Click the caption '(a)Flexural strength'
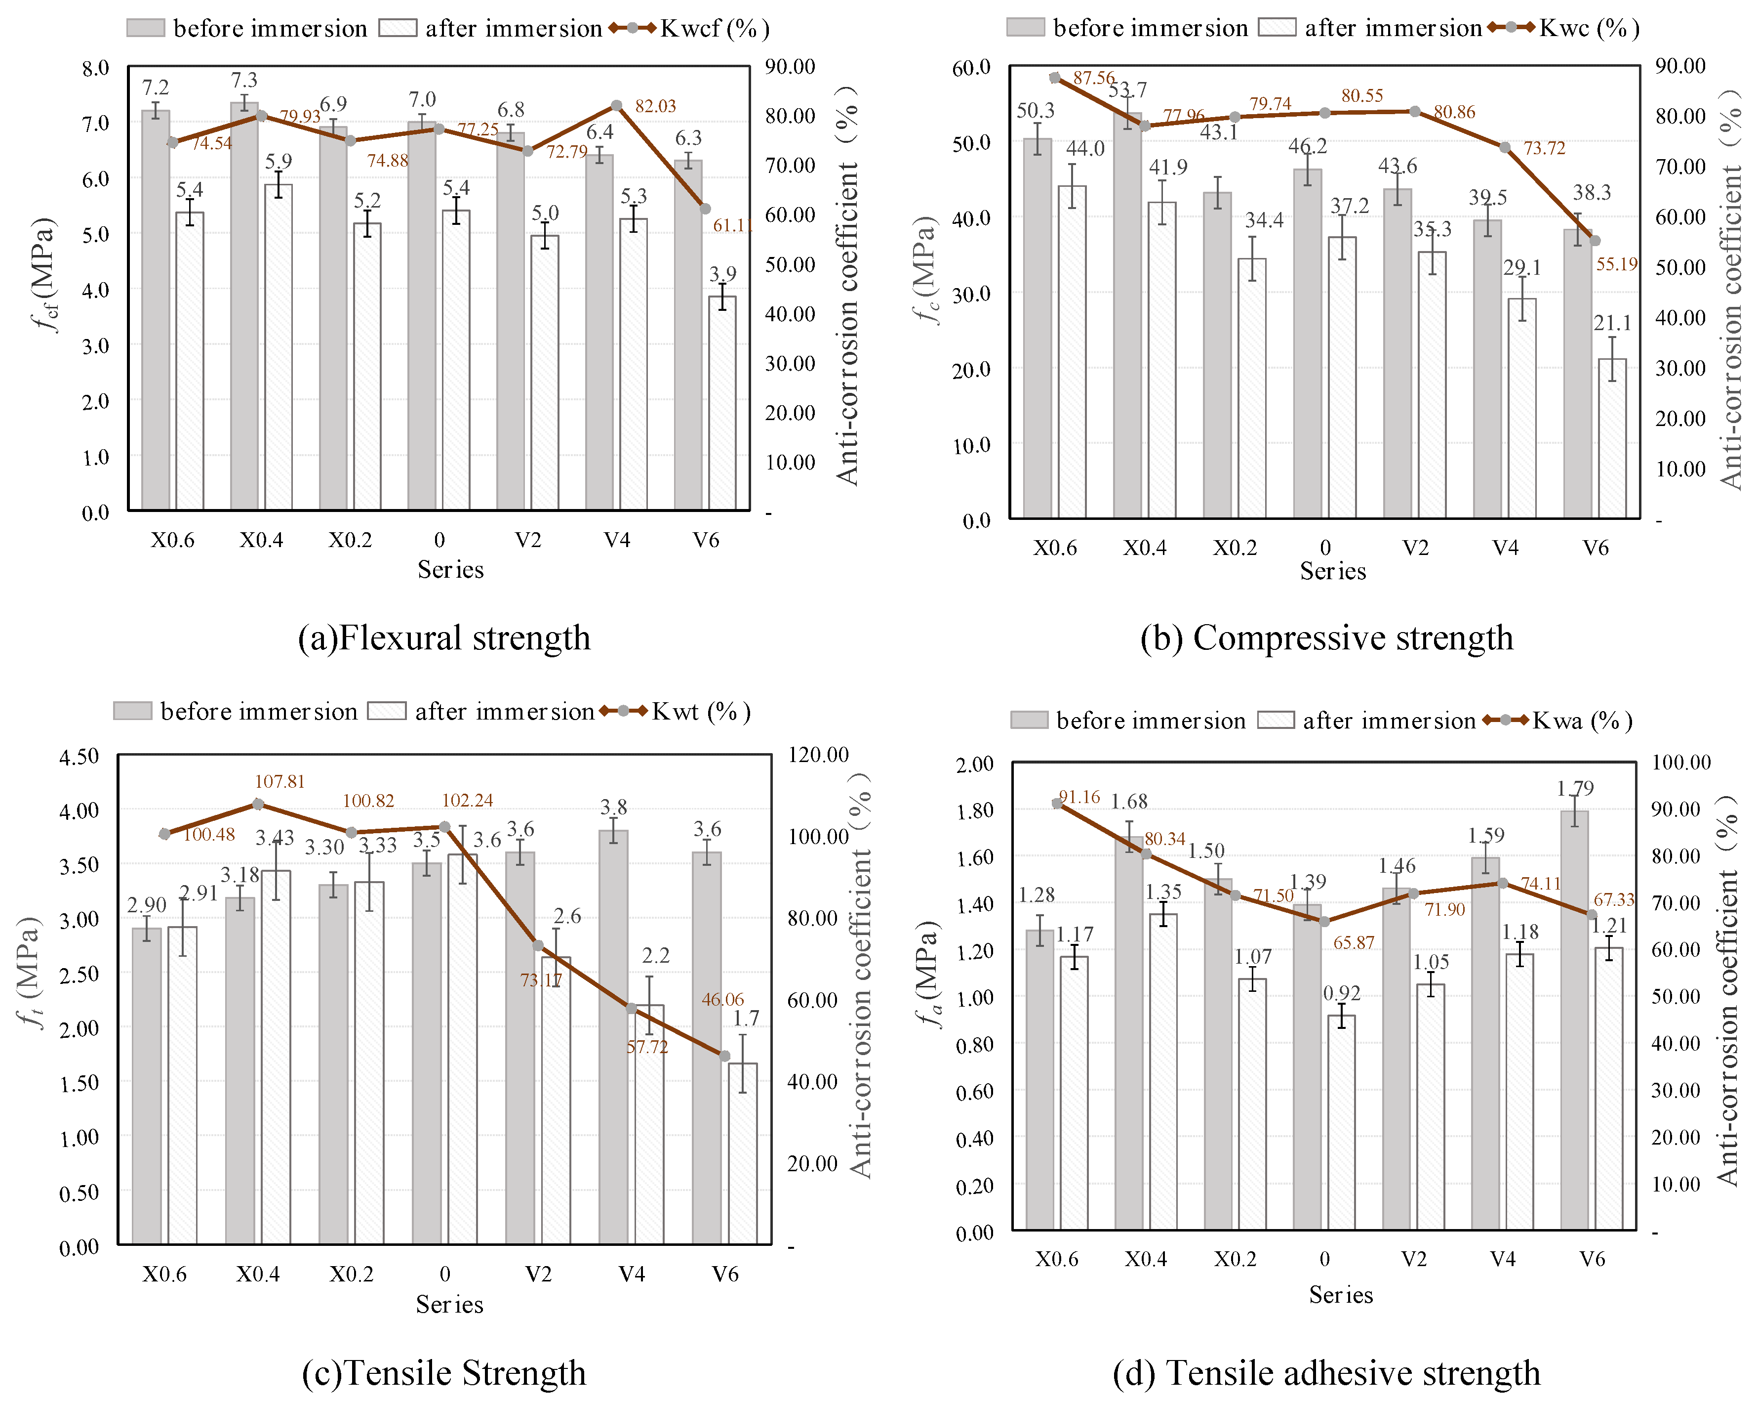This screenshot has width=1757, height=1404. tap(444, 638)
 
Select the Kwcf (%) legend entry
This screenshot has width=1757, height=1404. tap(714, 29)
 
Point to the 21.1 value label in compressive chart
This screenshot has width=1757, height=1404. tap(1612, 324)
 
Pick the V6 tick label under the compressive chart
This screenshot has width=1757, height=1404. tap(1595, 548)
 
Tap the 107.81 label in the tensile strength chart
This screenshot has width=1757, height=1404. tap(280, 782)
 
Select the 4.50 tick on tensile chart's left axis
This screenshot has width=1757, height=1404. tap(79, 756)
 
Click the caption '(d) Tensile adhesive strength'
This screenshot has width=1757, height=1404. tap(1326, 1373)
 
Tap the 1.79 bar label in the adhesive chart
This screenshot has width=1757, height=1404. tap(1574, 788)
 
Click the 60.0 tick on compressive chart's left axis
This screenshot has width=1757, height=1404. tap(971, 68)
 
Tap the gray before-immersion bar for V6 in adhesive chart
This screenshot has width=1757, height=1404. tap(1574, 1019)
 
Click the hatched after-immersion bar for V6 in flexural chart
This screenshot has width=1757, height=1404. tap(722, 404)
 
